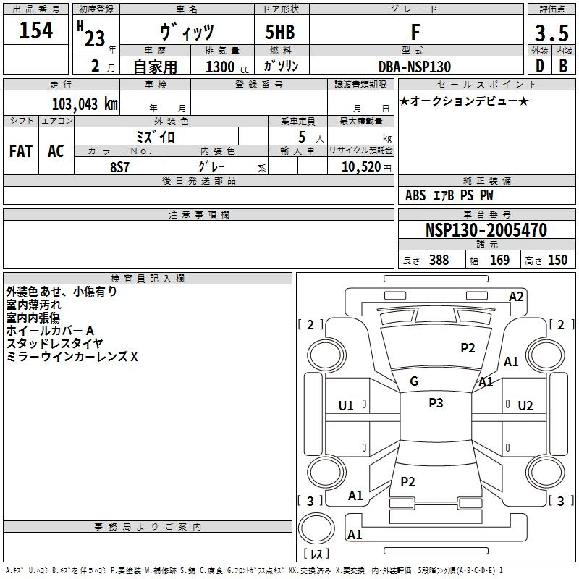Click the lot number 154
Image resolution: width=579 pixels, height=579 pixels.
(x=35, y=30)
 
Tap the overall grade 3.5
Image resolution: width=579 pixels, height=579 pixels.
(x=551, y=33)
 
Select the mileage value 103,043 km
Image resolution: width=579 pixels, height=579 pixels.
(x=85, y=103)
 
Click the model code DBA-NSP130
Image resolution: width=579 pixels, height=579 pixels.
(x=415, y=67)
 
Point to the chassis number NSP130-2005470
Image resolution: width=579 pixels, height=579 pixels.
(x=486, y=229)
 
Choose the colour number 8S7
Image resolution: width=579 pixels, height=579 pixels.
(x=119, y=167)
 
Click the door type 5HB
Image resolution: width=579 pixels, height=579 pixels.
(x=280, y=32)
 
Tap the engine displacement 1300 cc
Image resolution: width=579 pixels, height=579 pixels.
(x=227, y=67)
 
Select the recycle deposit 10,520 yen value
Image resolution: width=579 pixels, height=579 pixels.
(x=366, y=167)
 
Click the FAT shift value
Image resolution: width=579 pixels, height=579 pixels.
(x=21, y=151)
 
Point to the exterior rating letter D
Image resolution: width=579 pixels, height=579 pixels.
(x=540, y=66)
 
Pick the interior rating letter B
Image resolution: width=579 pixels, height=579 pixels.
(x=563, y=66)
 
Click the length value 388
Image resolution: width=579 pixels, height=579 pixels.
(x=439, y=260)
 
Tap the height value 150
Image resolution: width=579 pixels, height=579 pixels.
(x=557, y=260)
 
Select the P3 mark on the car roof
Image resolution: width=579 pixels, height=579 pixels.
(x=436, y=402)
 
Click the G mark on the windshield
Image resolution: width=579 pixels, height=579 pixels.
(x=414, y=381)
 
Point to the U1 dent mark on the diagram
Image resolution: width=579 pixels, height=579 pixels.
(x=346, y=406)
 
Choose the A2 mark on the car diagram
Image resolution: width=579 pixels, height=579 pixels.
(x=516, y=297)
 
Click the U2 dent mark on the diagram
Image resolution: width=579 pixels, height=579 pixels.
(x=525, y=406)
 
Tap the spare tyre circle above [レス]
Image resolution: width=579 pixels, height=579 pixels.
(x=316, y=528)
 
